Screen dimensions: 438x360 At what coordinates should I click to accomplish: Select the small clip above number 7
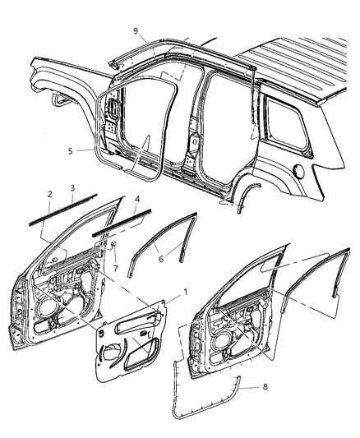click(113, 246)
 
